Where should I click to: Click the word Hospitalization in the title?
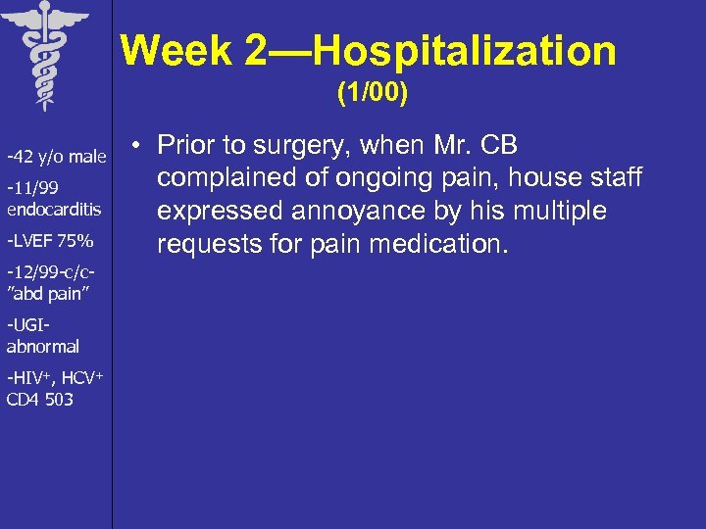466,51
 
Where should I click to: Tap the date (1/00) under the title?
373,95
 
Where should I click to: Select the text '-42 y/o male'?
56,157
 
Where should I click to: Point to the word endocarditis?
54,209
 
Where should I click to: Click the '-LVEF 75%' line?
50,241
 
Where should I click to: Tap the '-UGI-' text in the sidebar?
26,325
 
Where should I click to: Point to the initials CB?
499,146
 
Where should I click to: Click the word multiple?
560,212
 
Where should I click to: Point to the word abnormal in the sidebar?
43,346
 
